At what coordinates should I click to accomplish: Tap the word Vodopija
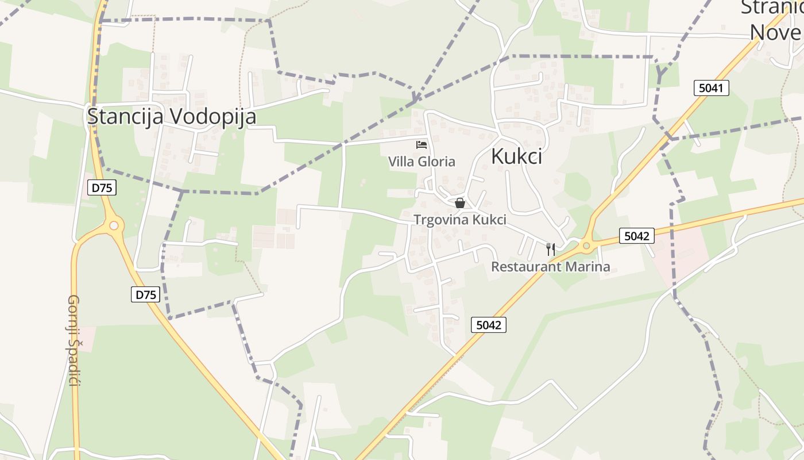214,117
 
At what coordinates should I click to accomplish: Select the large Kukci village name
517,156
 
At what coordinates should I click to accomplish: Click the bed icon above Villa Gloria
422,145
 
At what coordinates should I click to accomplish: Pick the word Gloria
436,162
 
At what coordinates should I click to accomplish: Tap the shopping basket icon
459,203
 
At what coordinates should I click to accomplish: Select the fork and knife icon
550,249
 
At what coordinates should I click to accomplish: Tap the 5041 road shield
711,88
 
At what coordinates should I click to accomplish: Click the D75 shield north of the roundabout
102,187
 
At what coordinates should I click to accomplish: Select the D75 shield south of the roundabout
145,294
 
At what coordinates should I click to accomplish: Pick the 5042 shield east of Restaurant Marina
637,236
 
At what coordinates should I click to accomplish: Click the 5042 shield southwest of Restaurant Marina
489,325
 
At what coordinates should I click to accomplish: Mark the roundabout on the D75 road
113,225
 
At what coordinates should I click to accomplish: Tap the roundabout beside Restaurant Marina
586,246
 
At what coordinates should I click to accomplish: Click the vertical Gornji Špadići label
74,340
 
